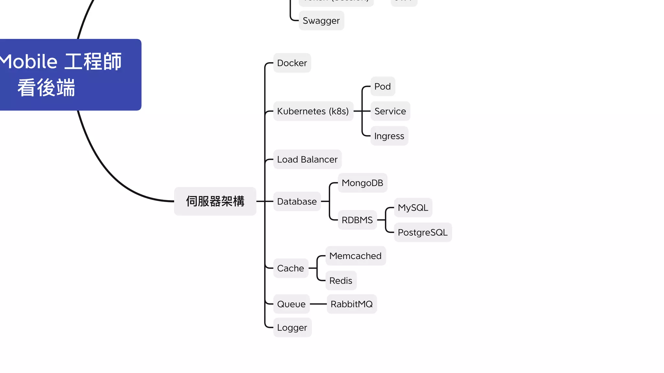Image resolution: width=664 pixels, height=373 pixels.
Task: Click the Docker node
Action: coord(292,63)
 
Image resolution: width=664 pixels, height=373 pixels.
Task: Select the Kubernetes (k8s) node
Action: coord(313,111)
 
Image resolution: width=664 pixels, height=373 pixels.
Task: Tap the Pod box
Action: coord(383,86)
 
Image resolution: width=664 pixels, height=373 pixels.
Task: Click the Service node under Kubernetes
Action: coord(390,111)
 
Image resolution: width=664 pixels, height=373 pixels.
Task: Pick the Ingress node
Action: coord(389,136)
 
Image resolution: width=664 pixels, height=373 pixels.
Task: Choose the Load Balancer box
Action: coord(307,159)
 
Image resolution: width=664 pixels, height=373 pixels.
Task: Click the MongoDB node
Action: coord(362,183)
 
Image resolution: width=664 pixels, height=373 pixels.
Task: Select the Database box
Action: coord(297,201)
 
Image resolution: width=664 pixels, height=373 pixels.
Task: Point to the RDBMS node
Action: coord(357,220)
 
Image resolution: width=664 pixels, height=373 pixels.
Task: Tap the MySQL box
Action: coord(413,208)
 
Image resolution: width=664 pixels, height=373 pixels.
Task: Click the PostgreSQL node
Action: coord(422,232)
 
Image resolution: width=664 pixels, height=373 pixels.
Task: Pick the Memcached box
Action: coord(355,256)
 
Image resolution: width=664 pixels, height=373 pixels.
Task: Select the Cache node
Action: coord(290,268)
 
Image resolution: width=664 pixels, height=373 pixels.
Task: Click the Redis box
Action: coord(341,281)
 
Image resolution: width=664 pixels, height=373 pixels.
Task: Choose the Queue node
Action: coord(291,304)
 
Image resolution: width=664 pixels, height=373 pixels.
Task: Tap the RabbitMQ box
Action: coord(351,304)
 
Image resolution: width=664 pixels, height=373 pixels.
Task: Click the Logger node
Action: coord(292,327)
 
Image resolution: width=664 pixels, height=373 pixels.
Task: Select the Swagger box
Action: coord(321,21)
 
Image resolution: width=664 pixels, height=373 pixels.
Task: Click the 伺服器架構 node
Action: coord(215,201)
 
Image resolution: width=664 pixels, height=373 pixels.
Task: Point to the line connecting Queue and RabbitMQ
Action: coord(318,304)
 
